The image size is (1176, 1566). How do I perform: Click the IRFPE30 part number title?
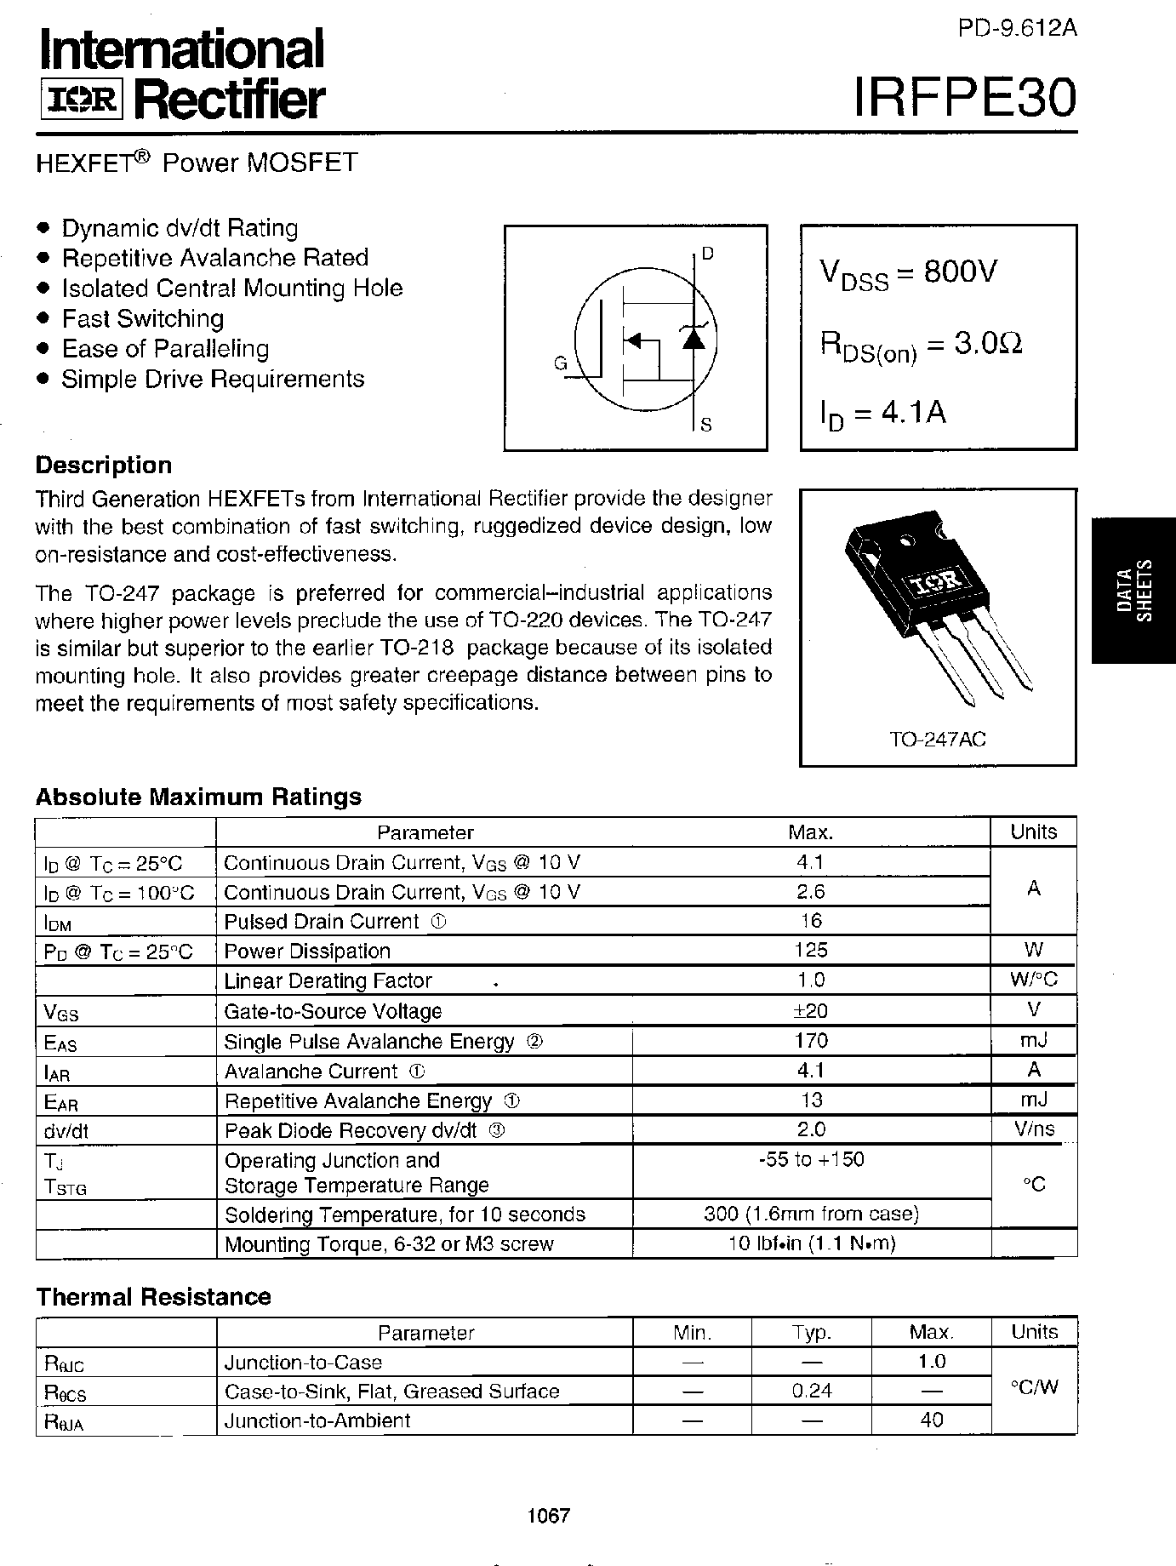coord(964,99)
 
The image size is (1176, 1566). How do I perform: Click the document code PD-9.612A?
coord(1017,28)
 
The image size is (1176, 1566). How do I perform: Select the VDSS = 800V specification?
coord(908,274)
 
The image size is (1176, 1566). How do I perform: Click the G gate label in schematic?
coord(560,363)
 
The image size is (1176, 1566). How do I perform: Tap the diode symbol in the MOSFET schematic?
coord(694,338)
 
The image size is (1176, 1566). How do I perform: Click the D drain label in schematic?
coord(708,254)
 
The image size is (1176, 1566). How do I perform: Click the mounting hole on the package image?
coord(907,539)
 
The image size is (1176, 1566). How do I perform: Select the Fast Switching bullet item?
coord(142,318)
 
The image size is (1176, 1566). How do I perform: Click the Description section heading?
coord(104,465)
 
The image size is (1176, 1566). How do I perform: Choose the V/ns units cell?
coord(1033,1129)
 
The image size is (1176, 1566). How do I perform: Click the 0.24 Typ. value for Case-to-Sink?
coord(811,1391)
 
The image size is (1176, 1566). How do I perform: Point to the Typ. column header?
coord(811,1332)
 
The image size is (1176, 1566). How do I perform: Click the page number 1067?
coord(549,1515)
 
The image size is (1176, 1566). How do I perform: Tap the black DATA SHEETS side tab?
coord(1133,590)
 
